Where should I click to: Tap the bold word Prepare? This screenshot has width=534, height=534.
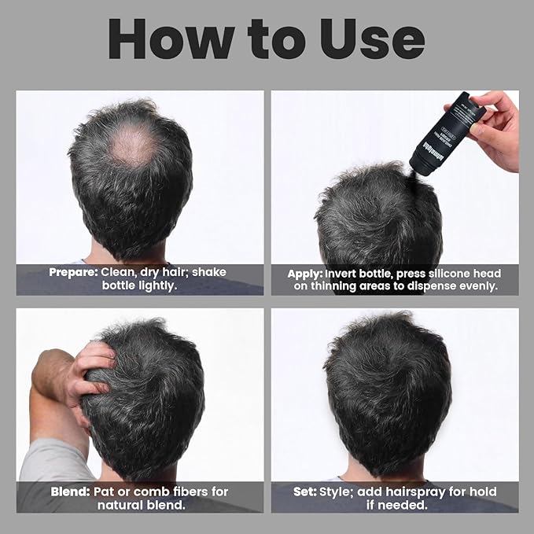(x=72, y=273)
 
